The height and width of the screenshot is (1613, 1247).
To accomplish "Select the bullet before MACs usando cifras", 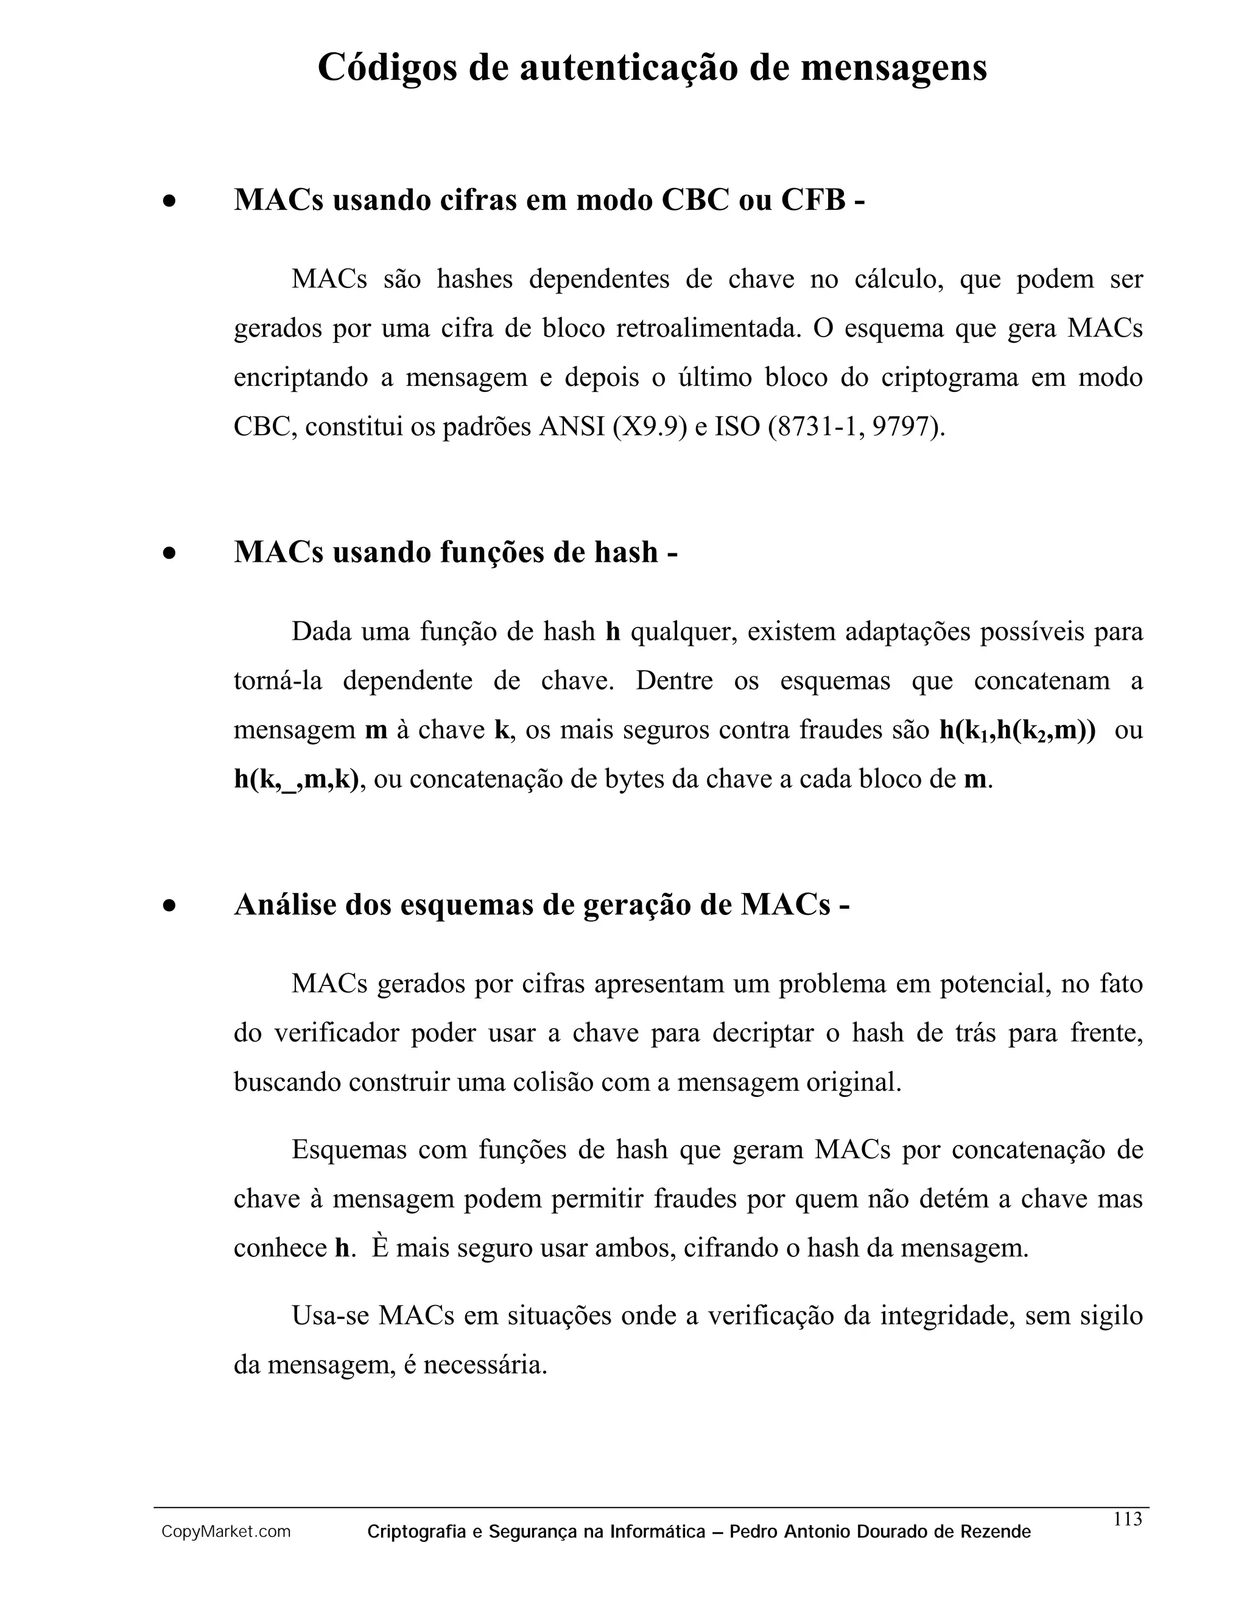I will pos(170,201).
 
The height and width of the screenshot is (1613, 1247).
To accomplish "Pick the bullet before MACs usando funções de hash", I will pos(170,553).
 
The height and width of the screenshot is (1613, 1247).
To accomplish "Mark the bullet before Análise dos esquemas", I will pos(170,906).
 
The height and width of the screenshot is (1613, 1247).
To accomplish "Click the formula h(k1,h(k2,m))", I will pos(1017,730).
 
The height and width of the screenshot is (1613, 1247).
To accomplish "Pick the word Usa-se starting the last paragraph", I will pos(329,1315).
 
